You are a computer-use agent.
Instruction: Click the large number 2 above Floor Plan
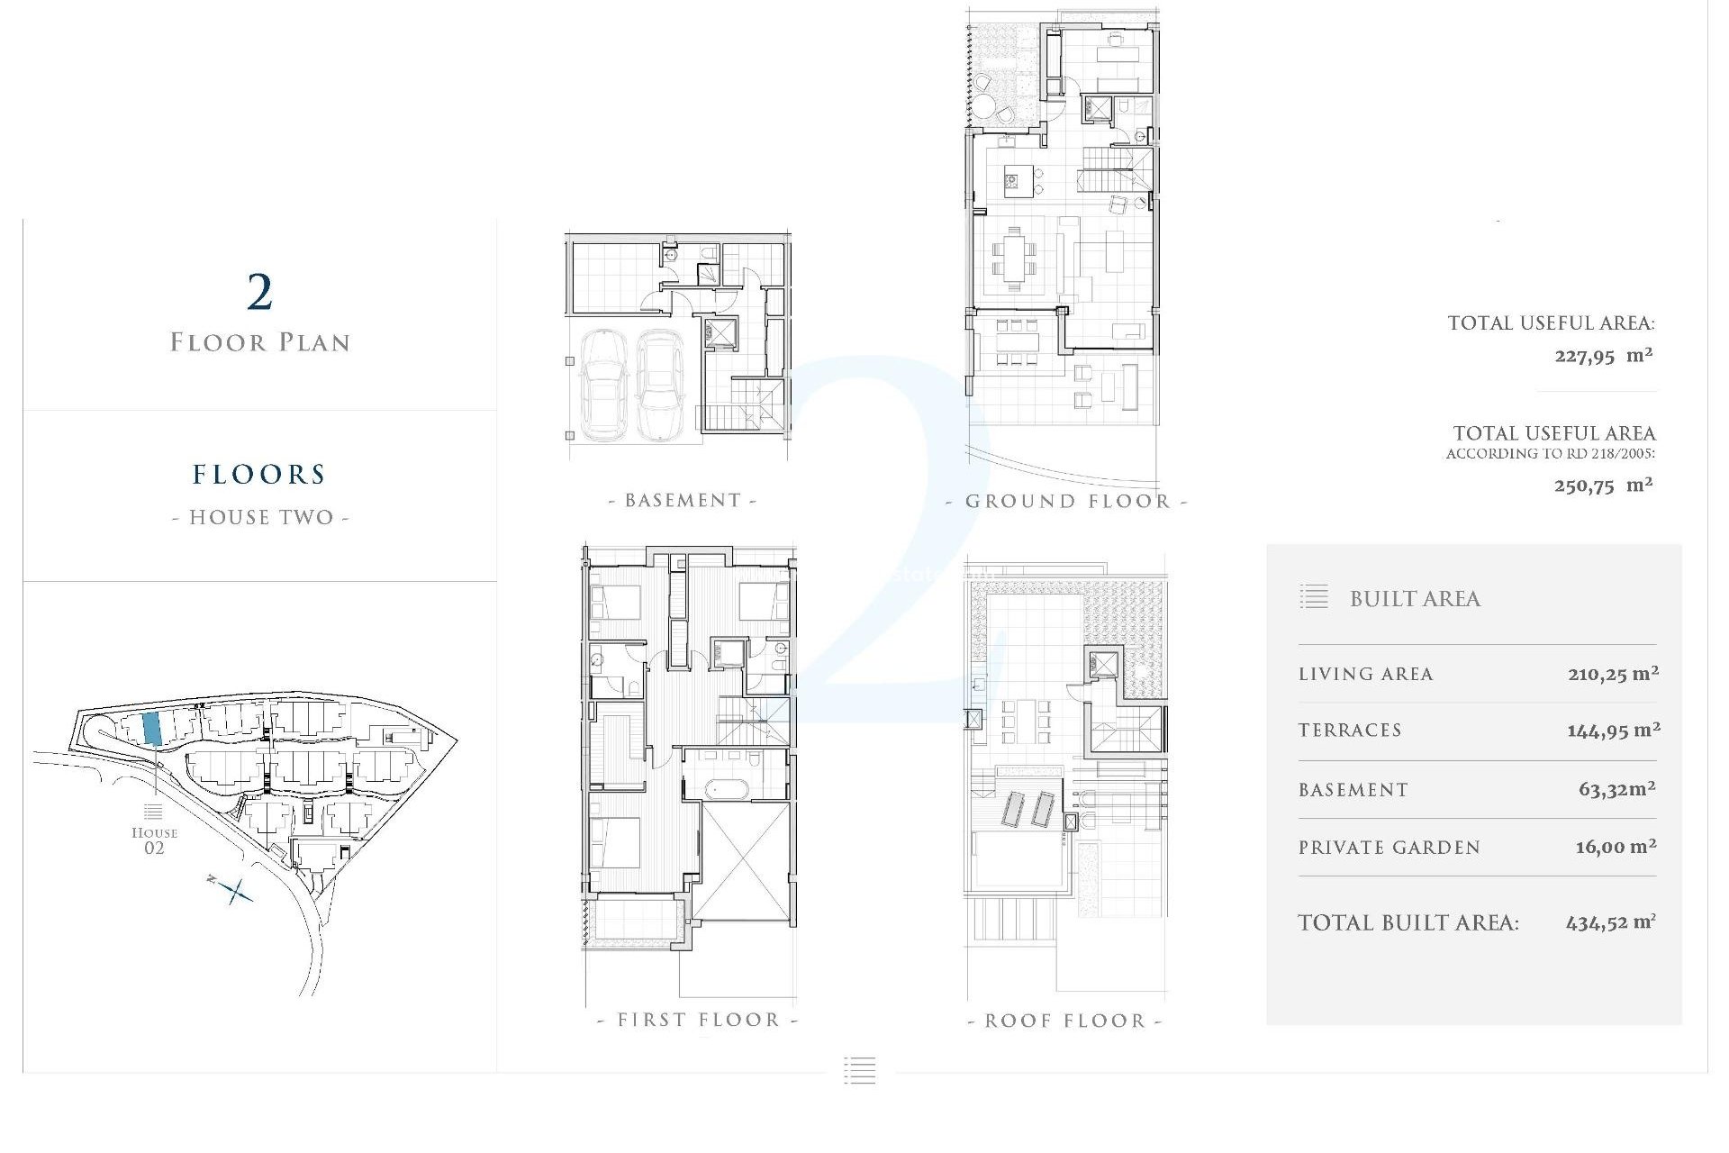click(x=259, y=292)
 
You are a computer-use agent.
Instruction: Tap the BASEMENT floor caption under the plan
click(x=683, y=501)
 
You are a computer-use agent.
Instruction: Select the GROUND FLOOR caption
click(x=1067, y=502)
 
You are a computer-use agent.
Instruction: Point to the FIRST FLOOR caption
click(x=698, y=1021)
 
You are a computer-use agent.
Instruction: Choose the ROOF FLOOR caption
click(x=1064, y=1021)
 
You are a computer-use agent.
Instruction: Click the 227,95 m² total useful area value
click(x=1603, y=356)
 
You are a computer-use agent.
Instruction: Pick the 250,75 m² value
click(x=1603, y=486)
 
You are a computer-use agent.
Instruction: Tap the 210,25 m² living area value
click(x=1613, y=674)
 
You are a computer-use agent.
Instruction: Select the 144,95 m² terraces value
click(x=1613, y=731)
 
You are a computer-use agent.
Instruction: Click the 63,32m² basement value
click(x=1616, y=790)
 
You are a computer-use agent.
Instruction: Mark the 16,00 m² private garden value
click(x=1616, y=847)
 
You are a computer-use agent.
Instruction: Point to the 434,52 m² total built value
click(x=1610, y=922)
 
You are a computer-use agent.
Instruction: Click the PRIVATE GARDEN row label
click(x=1389, y=848)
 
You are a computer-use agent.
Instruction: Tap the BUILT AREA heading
click(x=1415, y=599)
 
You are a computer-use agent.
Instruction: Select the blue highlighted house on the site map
click(x=152, y=727)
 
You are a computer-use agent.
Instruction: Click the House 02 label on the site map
click(x=154, y=840)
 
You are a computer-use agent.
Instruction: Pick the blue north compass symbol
click(x=234, y=891)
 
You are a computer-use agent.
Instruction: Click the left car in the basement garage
click(x=603, y=383)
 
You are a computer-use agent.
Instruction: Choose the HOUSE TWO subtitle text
click(x=260, y=518)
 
